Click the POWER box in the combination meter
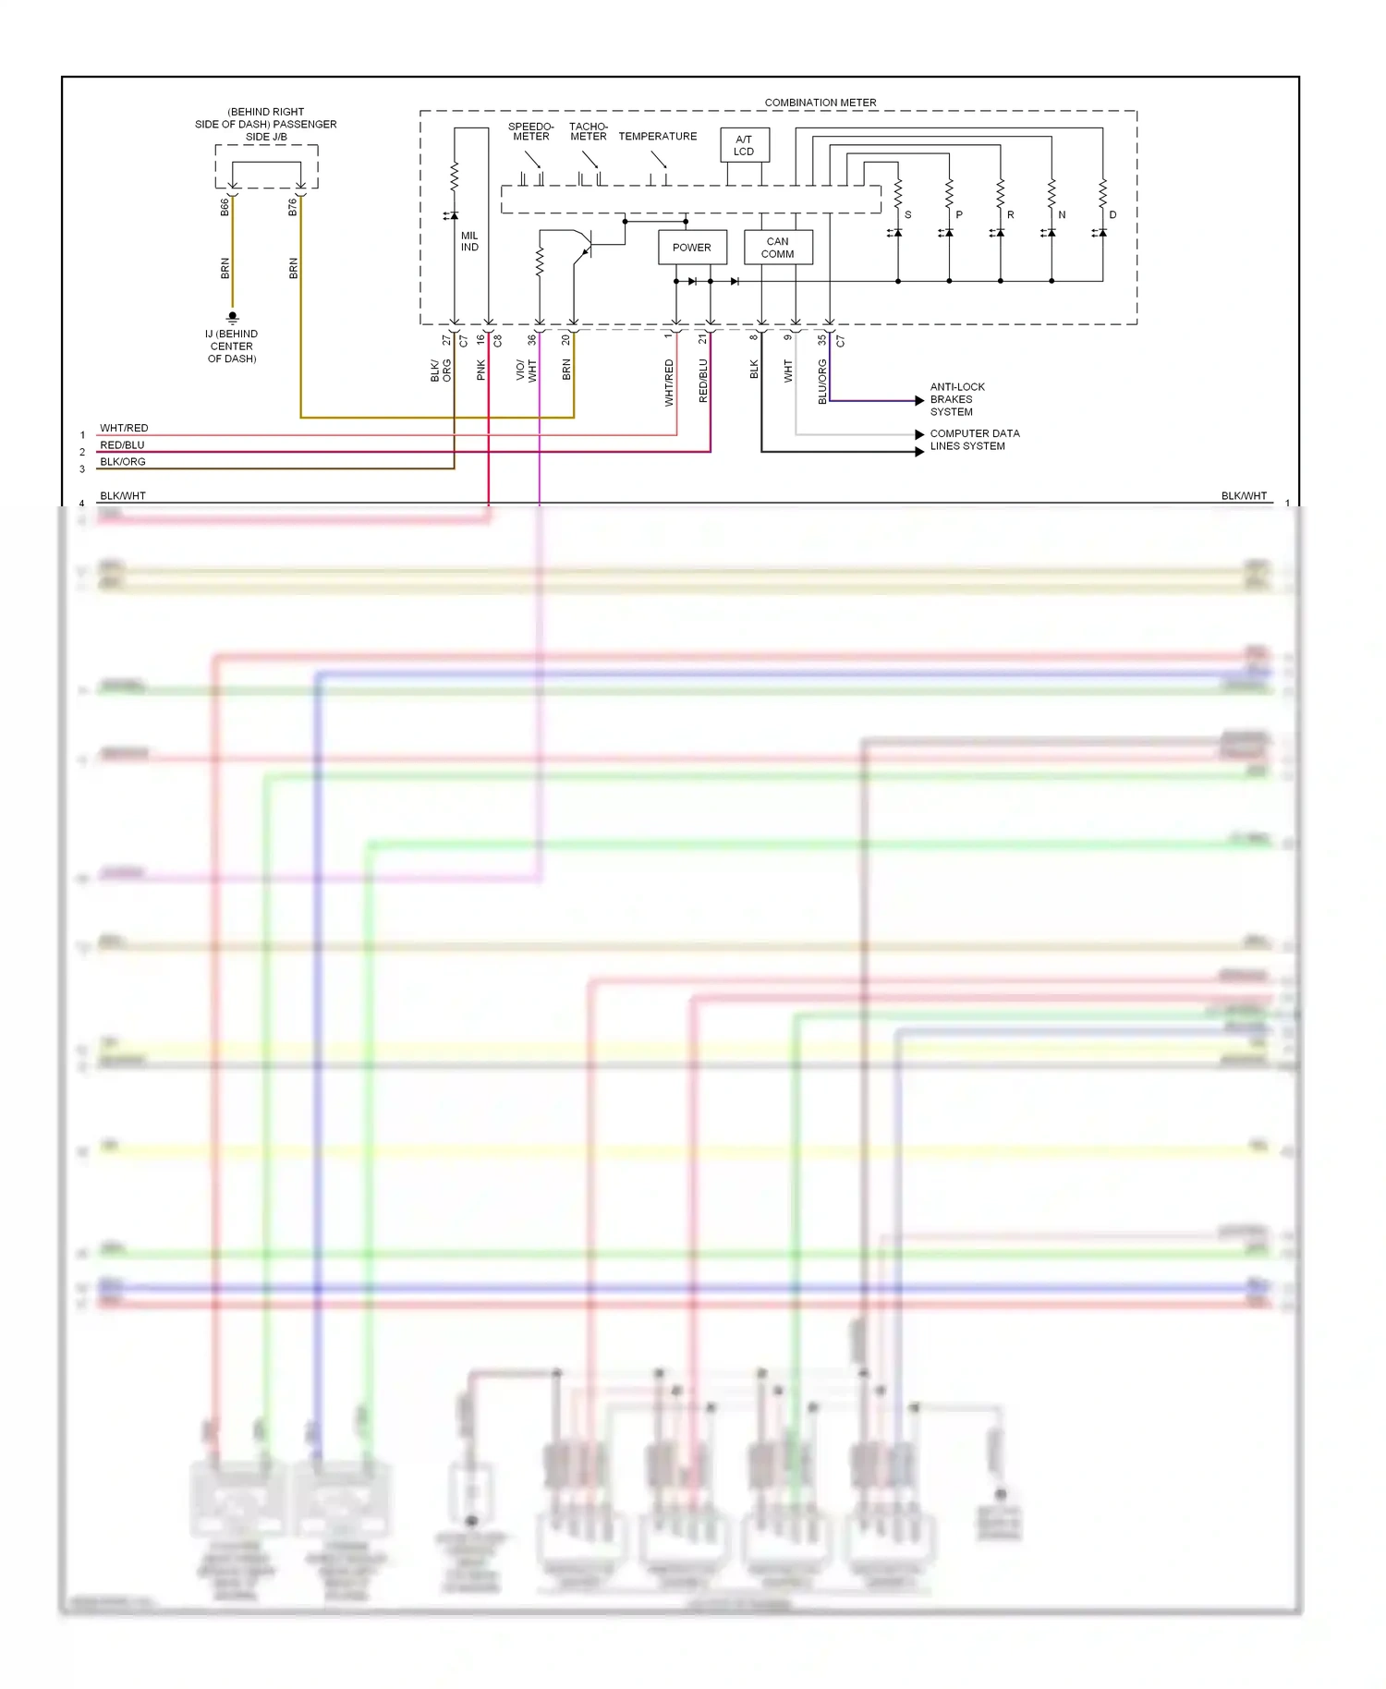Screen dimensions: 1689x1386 692,248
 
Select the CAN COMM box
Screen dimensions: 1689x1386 778,248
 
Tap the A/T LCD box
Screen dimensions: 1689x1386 744,145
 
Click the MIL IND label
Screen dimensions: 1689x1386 469,241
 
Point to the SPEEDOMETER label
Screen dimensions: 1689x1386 531,131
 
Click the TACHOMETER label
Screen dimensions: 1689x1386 589,131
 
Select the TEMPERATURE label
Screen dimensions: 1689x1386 658,136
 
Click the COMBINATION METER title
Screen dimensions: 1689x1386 821,103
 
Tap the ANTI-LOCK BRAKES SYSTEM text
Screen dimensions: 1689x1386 957,399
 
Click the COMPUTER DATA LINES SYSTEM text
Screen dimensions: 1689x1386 974,440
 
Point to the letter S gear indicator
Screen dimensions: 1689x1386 908,214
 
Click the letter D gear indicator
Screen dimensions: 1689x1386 1112,214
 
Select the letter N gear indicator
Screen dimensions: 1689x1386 1062,214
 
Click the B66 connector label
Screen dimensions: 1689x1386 225,207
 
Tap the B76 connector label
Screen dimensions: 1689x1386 293,207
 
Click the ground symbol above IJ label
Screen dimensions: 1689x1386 232,318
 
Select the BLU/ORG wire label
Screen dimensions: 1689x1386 822,382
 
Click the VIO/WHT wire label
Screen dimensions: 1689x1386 526,371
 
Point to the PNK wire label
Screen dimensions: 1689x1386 480,370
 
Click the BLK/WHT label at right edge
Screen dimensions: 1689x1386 1244,496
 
